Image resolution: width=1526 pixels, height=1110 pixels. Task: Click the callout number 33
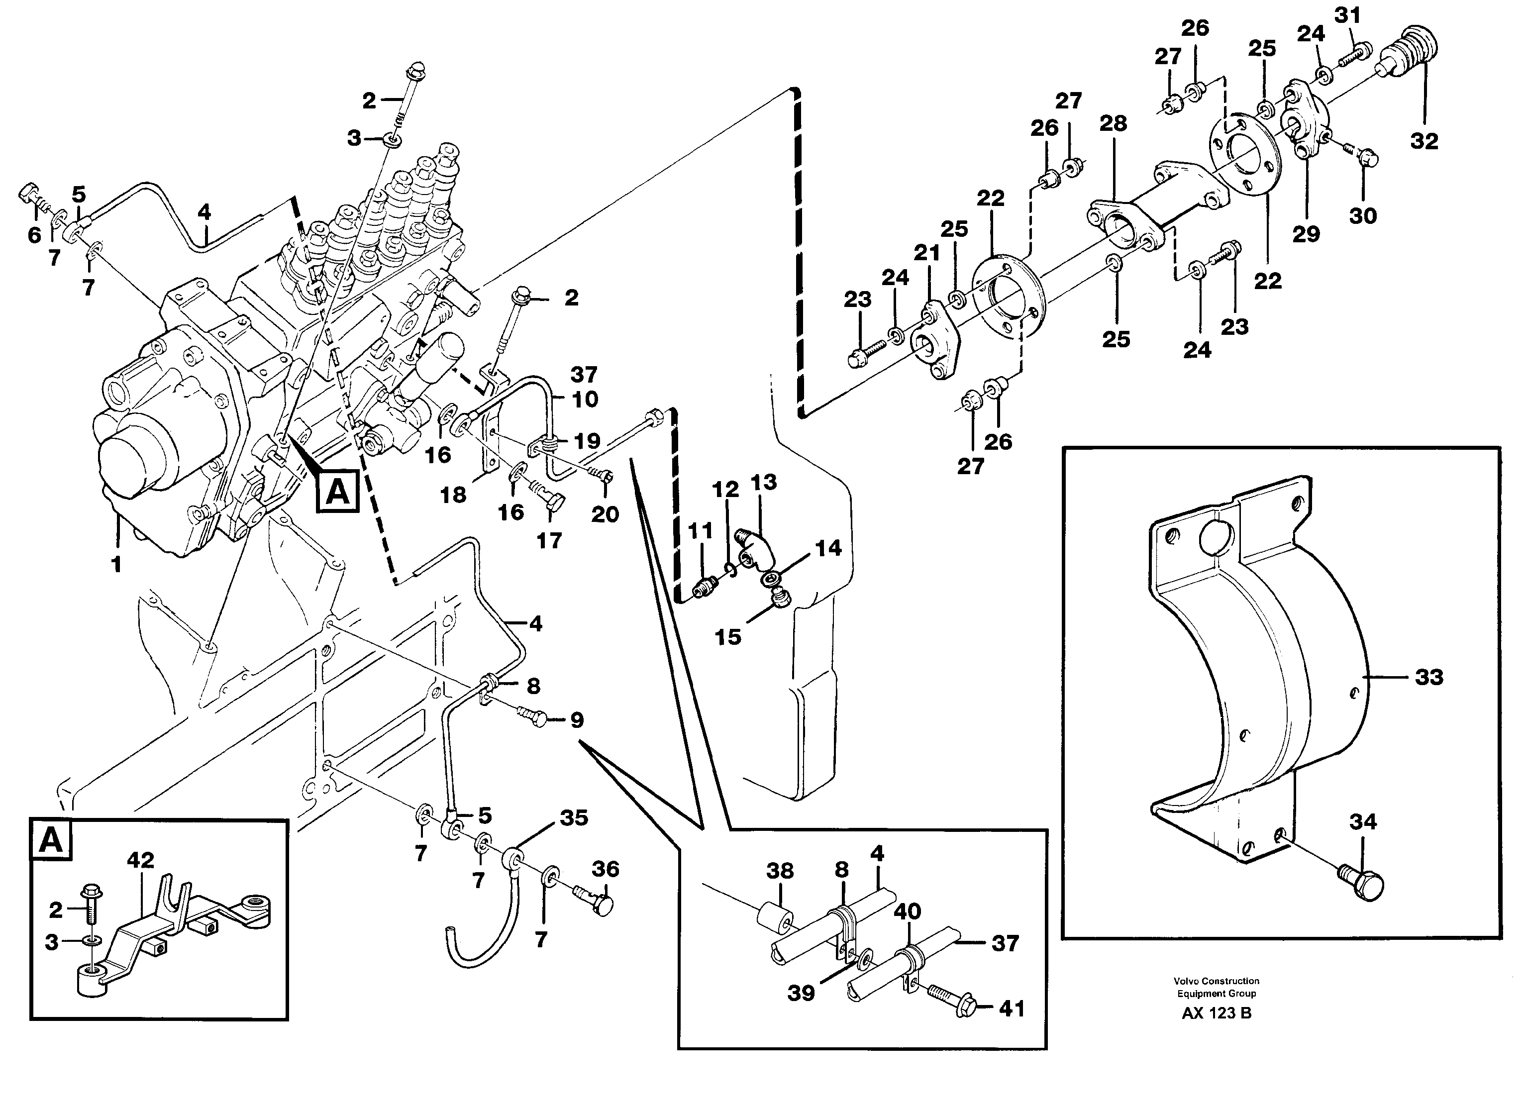coord(1428,677)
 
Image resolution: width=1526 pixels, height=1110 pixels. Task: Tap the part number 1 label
coord(116,564)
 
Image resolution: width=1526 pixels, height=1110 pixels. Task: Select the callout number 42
coord(141,860)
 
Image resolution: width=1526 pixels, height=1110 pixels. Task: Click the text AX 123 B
coord(1217,1013)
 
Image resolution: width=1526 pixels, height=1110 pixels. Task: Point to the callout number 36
coord(605,869)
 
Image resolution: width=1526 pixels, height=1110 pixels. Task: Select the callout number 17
coord(549,540)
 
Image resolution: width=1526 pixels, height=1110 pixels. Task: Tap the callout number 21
coord(927,253)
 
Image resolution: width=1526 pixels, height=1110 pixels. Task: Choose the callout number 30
coord(1362,216)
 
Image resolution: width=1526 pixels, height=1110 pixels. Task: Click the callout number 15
coord(727,637)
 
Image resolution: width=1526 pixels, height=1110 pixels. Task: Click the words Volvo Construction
coord(1217,981)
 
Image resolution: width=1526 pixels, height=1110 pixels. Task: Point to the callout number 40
coord(907,911)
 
